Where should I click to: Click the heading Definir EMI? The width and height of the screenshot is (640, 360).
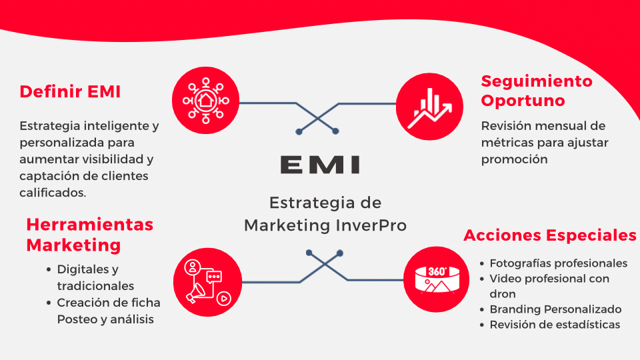(x=70, y=92)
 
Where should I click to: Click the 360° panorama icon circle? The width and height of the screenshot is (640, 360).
(x=437, y=278)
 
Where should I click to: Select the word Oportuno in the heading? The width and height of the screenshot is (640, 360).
(x=523, y=101)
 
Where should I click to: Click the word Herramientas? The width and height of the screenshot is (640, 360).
(x=90, y=225)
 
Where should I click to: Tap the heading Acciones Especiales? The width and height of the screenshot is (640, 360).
(x=550, y=235)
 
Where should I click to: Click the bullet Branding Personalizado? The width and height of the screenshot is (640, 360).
(x=555, y=309)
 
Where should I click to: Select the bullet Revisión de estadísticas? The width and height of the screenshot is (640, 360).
(x=555, y=325)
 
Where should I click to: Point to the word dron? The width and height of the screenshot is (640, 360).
(x=503, y=294)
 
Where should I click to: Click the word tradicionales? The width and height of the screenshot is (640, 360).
(x=95, y=285)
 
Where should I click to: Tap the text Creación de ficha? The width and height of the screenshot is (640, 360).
(x=109, y=303)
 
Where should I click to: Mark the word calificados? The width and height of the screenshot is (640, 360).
(x=52, y=193)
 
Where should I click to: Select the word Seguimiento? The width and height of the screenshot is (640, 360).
(x=537, y=81)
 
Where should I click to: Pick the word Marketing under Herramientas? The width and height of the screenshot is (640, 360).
(x=73, y=245)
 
